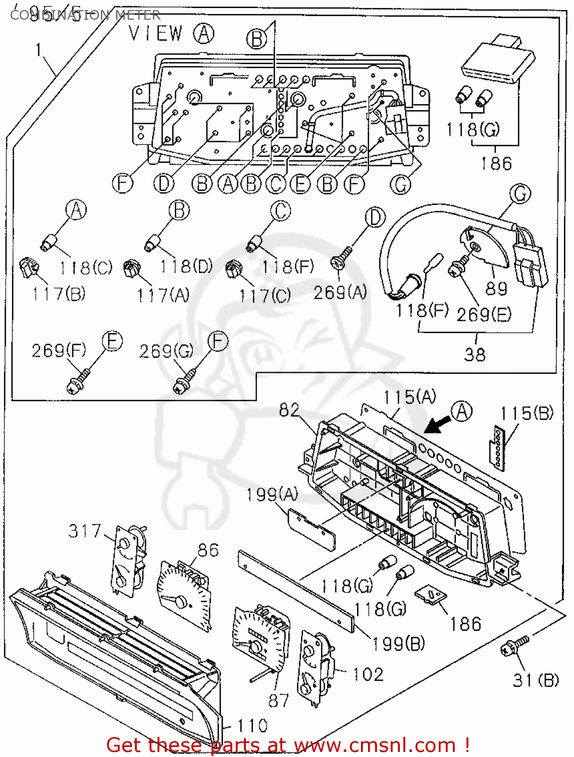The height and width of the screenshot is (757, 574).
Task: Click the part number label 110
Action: coord(252,726)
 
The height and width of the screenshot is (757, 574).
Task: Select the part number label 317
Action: coord(85,531)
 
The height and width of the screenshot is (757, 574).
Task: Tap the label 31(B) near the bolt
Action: coord(536,680)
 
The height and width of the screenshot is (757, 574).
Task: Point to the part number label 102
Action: coord(368,674)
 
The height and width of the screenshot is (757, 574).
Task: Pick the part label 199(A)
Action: coord(272,495)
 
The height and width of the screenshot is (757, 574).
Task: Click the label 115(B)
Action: coord(527,413)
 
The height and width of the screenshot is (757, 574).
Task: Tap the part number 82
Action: coord(289,410)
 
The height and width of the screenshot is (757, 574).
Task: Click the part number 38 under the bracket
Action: coord(475,354)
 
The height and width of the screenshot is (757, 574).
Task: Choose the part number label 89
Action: coord(496,289)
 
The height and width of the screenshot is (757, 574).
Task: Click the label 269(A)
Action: coord(340,292)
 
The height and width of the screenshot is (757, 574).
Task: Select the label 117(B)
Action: coord(59,294)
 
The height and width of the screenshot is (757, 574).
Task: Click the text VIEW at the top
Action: coord(155,34)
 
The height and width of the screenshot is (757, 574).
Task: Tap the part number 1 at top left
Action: coord(39,50)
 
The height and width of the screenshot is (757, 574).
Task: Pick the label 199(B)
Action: coord(398,643)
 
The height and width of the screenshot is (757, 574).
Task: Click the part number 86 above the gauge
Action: coord(208,550)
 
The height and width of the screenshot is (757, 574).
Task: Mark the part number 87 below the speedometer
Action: coord(278,700)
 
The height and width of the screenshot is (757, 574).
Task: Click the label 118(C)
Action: coord(86,267)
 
